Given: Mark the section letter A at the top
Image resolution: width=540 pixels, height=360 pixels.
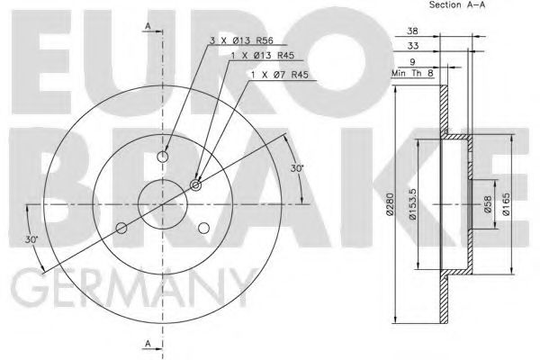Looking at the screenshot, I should click(x=146, y=25).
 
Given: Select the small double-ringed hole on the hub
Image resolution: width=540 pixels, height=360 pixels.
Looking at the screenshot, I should click(x=197, y=185).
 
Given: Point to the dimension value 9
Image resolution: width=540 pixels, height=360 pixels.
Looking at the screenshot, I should click(x=412, y=61).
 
